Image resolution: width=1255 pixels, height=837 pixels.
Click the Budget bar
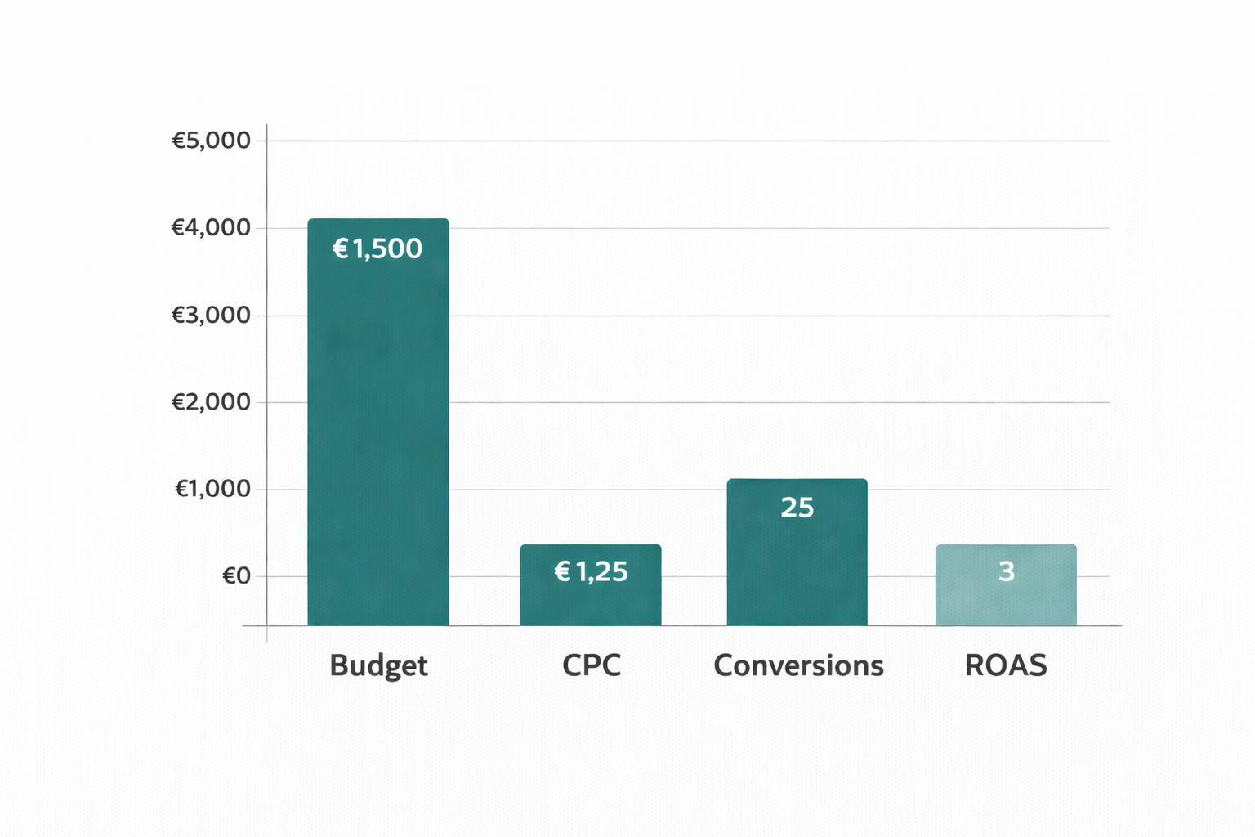377,425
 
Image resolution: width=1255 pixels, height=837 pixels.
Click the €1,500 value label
377,248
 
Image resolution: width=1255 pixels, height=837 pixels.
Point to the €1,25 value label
591,571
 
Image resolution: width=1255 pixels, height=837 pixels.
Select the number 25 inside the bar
797,508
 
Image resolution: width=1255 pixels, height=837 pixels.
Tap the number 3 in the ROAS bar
1006,571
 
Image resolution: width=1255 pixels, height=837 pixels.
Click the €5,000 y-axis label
211,141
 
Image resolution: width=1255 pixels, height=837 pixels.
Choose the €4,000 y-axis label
211,227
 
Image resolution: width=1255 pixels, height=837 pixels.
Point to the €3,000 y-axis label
211,315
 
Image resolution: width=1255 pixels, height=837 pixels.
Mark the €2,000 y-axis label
211,402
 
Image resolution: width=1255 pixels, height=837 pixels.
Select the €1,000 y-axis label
212,489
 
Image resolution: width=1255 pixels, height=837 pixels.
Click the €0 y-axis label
236,576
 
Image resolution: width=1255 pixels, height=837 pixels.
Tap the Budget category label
378,665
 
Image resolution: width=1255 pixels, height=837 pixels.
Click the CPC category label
592,665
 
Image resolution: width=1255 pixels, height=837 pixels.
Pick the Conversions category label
798,665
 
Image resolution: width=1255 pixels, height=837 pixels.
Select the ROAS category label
1006,665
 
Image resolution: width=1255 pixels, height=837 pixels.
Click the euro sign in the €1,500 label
341,248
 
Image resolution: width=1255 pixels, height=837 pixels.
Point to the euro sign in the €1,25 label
562,571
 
